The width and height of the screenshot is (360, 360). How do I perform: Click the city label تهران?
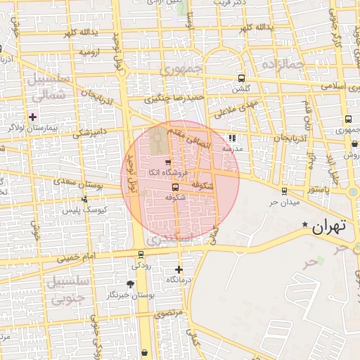point(329,227)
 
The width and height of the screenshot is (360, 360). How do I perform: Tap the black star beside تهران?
point(304,225)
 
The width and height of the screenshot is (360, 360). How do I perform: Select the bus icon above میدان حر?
point(284,191)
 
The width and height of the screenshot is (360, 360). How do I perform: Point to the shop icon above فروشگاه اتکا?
point(167,162)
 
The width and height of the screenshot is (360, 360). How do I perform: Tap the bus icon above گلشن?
point(242,79)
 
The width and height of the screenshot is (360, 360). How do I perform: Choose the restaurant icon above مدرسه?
point(232,139)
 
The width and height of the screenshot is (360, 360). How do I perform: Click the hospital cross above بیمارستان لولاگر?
point(32,116)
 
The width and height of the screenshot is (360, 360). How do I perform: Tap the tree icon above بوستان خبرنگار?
point(130,284)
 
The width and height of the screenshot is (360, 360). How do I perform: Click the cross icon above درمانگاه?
point(179,269)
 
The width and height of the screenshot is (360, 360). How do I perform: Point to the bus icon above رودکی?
point(141,255)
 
